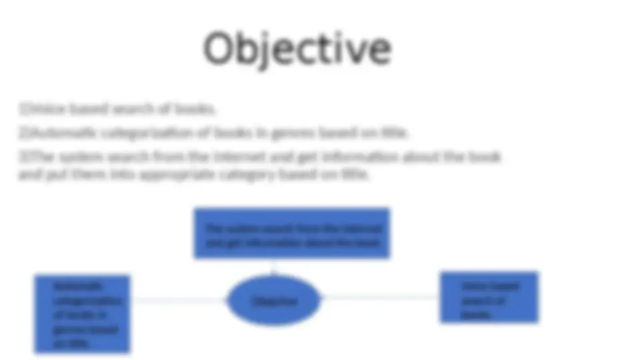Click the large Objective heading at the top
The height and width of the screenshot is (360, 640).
[x=297, y=49]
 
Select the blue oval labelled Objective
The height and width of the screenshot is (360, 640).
[x=274, y=301]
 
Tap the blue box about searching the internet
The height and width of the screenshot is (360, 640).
[x=292, y=233]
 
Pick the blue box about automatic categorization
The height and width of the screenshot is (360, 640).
[x=83, y=314]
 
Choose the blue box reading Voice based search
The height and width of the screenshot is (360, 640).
[x=489, y=297]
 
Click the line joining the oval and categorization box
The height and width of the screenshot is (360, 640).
[x=179, y=300]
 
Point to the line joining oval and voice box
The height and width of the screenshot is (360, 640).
[x=380, y=297]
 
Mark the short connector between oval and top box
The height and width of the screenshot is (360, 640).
[x=273, y=267]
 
